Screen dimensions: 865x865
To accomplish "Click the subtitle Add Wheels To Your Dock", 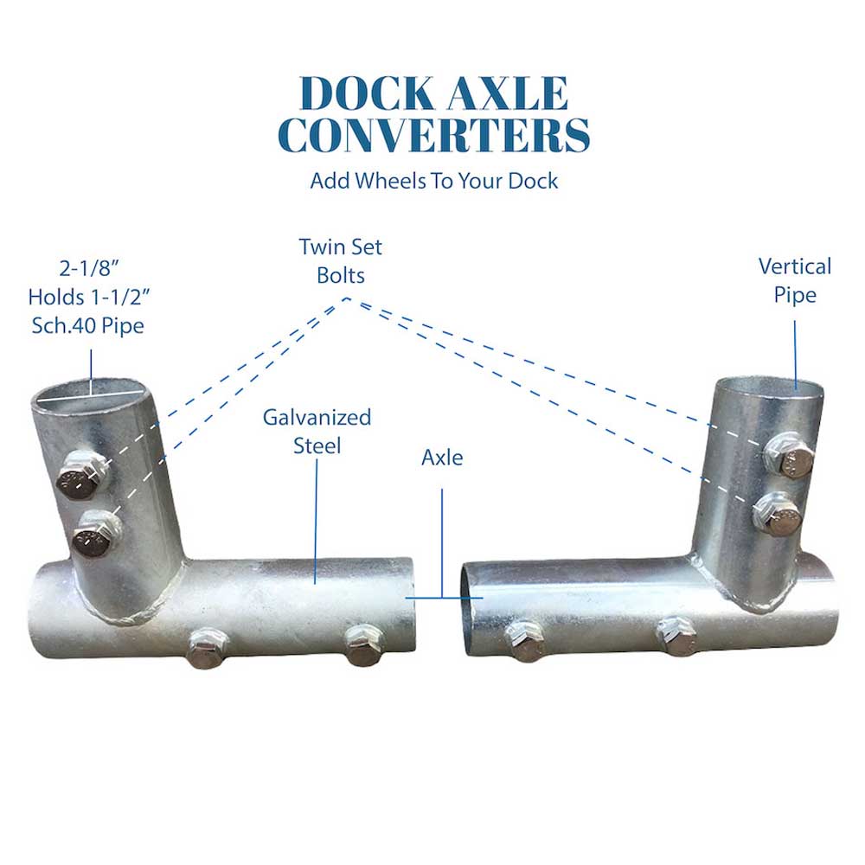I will [x=433, y=181].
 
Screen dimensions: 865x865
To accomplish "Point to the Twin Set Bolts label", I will [x=340, y=260].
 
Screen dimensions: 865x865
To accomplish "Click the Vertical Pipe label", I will [x=794, y=280].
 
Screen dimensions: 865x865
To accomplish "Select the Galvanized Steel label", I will [x=317, y=431].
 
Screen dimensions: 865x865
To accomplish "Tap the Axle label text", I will [x=442, y=458].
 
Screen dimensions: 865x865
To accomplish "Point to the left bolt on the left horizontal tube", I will [x=208, y=647].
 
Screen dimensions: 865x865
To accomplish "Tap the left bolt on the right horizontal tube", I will [x=524, y=639].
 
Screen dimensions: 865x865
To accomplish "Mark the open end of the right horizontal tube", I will [x=468, y=604].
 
